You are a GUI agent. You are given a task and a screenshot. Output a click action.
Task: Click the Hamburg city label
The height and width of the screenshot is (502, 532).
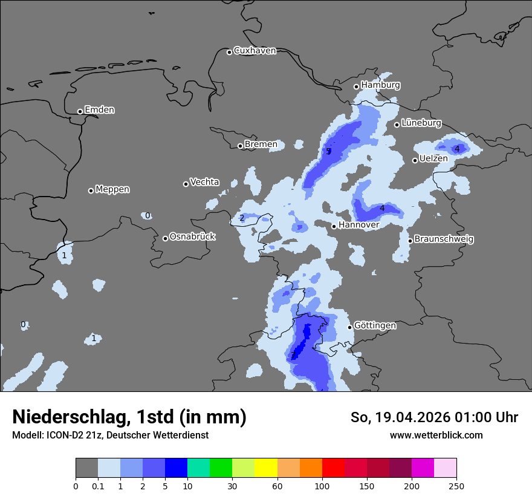380,85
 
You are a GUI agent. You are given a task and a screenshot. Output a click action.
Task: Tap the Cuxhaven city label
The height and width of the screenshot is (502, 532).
255,51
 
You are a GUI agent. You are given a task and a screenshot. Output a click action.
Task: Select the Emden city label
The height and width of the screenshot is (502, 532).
99,110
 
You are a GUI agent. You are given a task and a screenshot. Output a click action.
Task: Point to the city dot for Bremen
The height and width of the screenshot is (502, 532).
240,146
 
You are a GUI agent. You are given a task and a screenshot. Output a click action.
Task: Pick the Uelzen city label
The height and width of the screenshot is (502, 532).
433,159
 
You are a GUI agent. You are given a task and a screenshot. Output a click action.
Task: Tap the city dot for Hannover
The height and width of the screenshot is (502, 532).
334,226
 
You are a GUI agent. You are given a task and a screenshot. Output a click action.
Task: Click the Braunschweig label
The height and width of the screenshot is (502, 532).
444,240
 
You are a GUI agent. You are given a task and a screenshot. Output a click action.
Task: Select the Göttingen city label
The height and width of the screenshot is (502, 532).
375,326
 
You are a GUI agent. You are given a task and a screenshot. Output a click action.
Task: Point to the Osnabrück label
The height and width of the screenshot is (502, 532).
192,237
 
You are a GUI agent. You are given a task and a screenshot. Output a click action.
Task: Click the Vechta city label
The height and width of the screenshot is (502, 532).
204,183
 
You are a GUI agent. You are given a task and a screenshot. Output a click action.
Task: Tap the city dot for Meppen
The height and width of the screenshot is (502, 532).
91,191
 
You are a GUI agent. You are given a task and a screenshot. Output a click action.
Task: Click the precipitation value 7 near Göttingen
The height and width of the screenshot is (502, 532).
293,355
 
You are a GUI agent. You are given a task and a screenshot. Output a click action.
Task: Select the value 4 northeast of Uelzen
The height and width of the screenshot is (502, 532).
457,149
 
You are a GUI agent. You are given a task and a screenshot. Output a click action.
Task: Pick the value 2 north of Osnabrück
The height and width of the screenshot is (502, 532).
242,218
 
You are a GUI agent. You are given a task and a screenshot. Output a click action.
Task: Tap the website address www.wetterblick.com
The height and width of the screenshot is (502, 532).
436,435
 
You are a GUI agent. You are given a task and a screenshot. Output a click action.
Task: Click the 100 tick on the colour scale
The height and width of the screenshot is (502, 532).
322,486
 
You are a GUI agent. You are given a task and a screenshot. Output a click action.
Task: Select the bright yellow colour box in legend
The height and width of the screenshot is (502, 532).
266,468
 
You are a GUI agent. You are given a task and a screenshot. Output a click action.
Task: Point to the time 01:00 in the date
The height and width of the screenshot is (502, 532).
469,417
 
